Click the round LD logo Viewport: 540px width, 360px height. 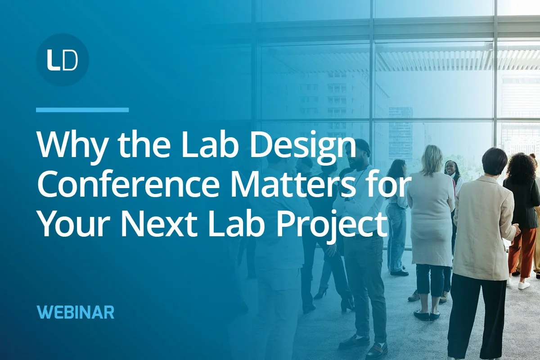62,59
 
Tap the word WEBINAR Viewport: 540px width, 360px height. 76,312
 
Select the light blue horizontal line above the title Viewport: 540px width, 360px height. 82,109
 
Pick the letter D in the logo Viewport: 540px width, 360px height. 70,60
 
